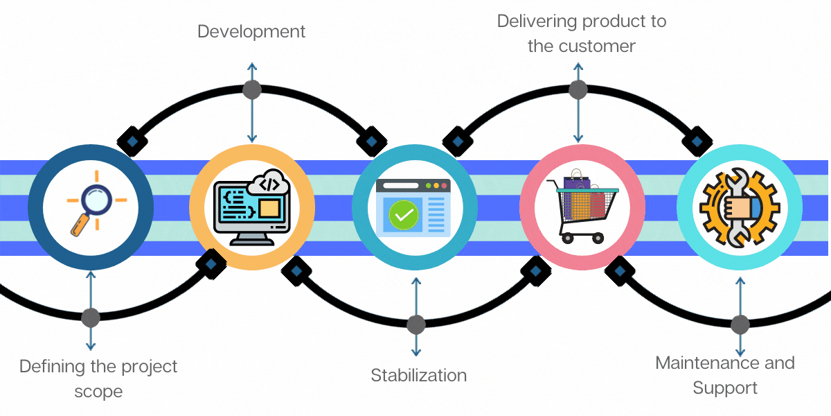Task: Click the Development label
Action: [x=251, y=32]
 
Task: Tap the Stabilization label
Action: [x=418, y=376]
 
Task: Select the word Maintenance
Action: [x=701, y=363]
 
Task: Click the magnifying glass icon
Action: [x=96, y=205]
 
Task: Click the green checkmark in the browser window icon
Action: [x=403, y=215]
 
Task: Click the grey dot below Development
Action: [x=252, y=89]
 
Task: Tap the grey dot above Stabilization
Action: [x=415, y=324]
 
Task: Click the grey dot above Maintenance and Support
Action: [x=740, y=324]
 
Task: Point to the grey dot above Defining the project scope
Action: [x=91, y=318]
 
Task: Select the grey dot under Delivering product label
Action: [x=578, y=89]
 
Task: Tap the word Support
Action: [x=725, y=387]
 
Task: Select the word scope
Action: [x=98, y=391]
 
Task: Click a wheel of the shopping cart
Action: [x=569, y=238]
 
